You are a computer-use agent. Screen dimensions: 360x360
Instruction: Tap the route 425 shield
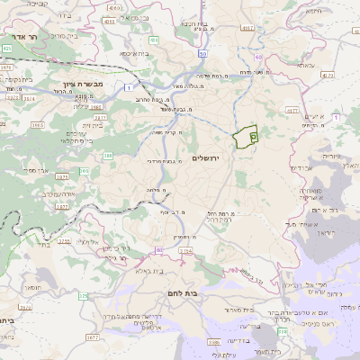tap(6, 48)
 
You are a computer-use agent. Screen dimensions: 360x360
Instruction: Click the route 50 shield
tap(203, 54)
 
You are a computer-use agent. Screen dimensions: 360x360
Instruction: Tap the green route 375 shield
tap(83, 295)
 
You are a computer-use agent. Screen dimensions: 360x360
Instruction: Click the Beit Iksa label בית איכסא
tap(135, 54)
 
